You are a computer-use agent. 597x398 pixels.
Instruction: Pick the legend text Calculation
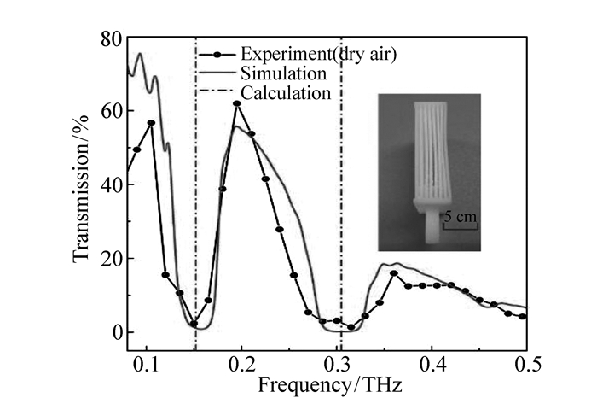click(x=286, y=92)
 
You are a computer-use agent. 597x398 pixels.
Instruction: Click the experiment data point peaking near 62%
click(x=237, y=104)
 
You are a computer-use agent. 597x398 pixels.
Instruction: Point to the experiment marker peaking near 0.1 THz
click(x=152, y=123)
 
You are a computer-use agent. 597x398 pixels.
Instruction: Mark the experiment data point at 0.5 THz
click(x=522, y=316)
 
